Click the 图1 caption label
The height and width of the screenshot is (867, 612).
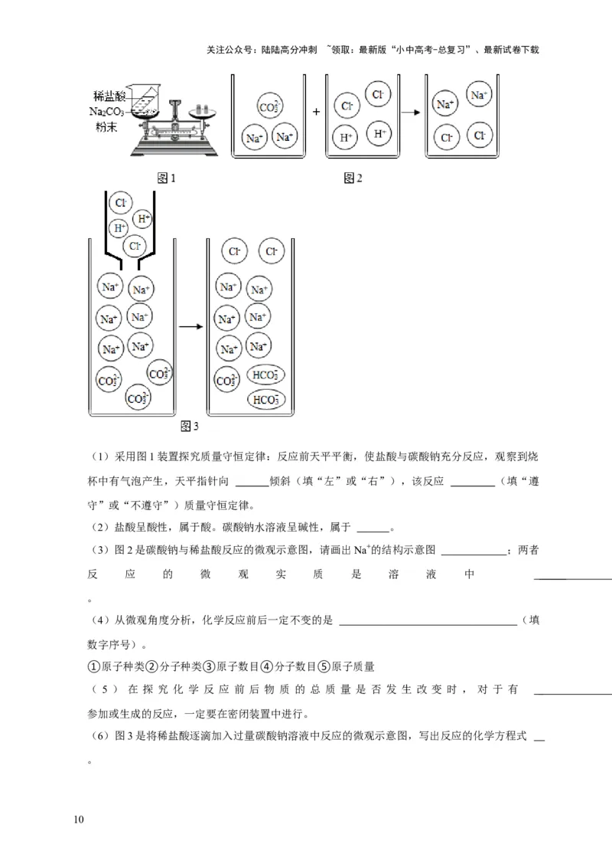click(166, 178)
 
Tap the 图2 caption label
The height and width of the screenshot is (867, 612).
click(353, 178)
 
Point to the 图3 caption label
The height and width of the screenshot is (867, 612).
click(189, 426)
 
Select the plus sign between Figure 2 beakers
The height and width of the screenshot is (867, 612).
click(315, 111)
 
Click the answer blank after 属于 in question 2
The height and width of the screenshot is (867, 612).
click(373, 527)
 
